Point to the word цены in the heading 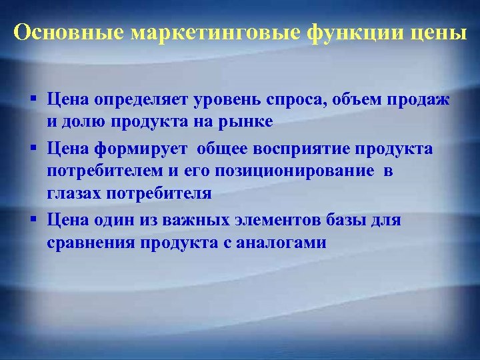(x=440, y=33)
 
